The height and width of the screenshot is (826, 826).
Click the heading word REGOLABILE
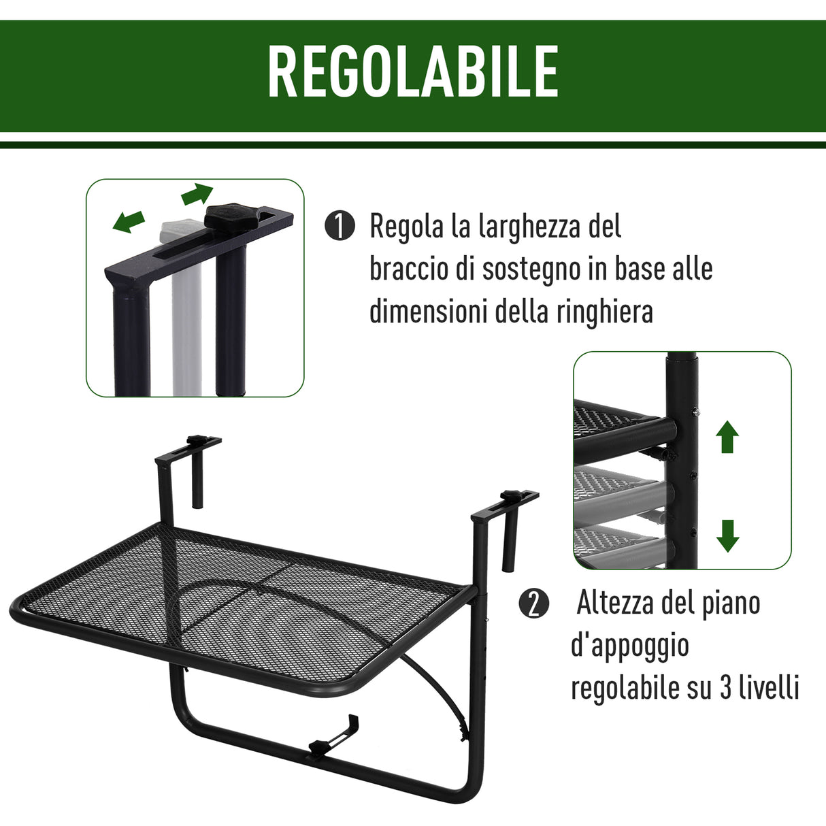pyautogui.click(x=413, y=72)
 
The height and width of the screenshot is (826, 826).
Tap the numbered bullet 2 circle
pyautogui.click(x=533, y=604)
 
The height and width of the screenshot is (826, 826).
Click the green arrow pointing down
pyautogui.click(x=727, y=535)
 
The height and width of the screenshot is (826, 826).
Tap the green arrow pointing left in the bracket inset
pyautogui.click(x=129, y=221)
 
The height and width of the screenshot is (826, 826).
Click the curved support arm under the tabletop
pyautogui.click(x=436, y=684)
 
